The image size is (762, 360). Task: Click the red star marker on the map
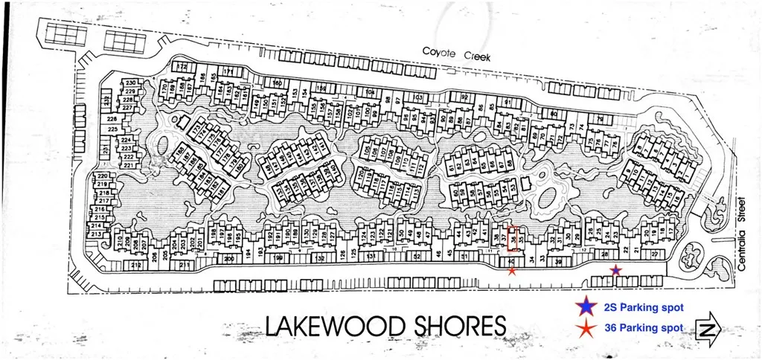click(511, 271)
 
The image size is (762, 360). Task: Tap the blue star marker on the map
click(615, 271)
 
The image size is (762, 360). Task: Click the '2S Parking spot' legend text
click(643, 306)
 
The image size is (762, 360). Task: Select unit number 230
click(129, 83)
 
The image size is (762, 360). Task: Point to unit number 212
click(135, 264)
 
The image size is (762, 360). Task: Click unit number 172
click(182, 66)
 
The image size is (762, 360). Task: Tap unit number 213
click(95, 234)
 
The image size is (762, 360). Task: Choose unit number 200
click(229, 259)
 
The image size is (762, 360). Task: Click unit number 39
click(559, 261)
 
